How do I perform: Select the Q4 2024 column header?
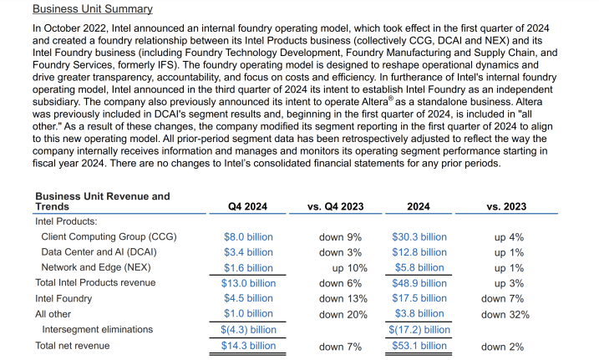point(248,206)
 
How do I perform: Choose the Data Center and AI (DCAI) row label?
point(99,252)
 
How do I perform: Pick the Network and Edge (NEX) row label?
point(94,267)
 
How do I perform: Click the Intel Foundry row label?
point(63,298)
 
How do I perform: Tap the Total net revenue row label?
point(72,345)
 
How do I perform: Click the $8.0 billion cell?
point(248,237)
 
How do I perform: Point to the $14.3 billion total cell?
point(248,345)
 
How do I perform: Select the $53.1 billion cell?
point(419,345)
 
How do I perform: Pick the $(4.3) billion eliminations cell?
point(248,329)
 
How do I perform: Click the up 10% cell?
point(349,267)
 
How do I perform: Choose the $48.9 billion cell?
point(419,283)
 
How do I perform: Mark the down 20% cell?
point(343,314)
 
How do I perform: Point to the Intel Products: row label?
point(66,222)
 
